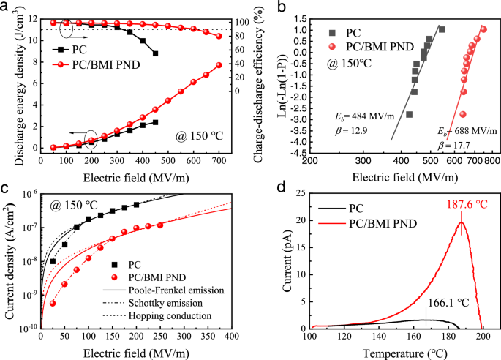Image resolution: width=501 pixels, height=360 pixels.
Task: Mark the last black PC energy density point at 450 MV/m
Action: [x=155, y=121]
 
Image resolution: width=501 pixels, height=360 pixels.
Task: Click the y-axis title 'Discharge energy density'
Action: [x=10, y=79]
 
